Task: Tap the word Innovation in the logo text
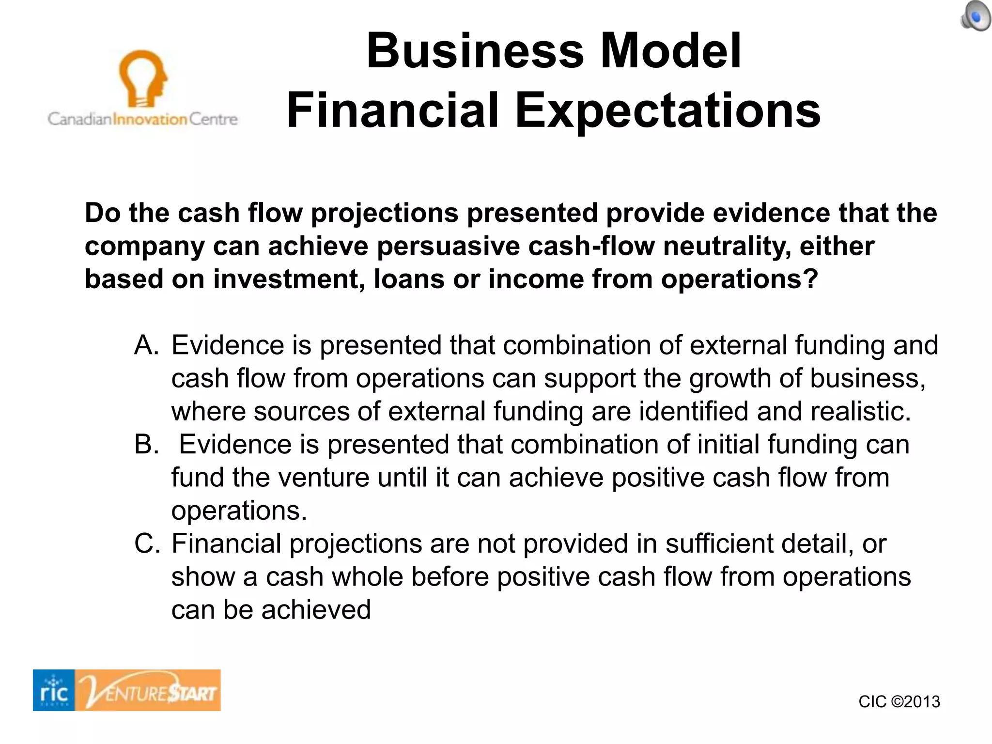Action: tap(150, 119)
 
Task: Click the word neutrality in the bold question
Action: tap(727, 246)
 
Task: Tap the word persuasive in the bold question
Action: tap(448, 246)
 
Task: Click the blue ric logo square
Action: tap(54, 690)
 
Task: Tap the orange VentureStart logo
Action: tap(148, 690)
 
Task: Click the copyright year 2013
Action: tap(922, 702)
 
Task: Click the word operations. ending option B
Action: tap(239, 511)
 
